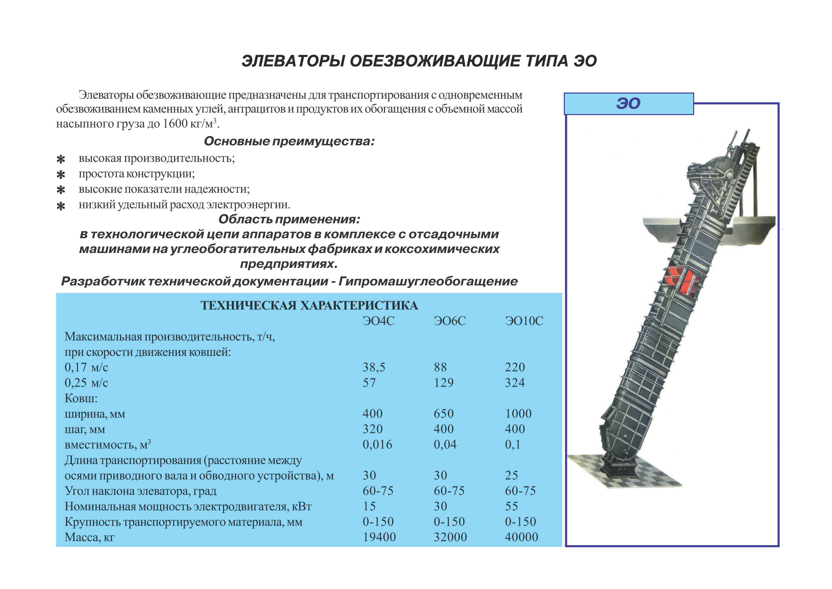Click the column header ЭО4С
pos(378,321)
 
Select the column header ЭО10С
pos(524,321)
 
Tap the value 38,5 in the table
pos(374,367)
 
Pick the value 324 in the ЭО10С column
pos(515,383)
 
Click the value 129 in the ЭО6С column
pos(444,383)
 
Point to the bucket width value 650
pos(444,414)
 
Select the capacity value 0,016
pos(378,445)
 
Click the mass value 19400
pos(379,537)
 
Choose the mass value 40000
pos(521,537)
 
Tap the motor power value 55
pos(511,506)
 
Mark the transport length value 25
pos(511,475)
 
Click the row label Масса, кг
pos(89,537)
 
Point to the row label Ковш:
pos(81,399)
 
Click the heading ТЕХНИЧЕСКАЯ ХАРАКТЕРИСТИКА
pos(309,306)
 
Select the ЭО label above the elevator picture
pos(628,104)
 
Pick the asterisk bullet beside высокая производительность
pos(61,159)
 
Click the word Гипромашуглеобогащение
pos(428,281)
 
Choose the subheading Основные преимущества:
pos(289,141)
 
